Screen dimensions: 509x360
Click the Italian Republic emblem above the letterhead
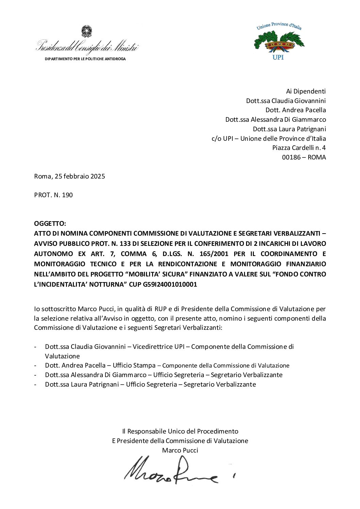click(x=86, y=32)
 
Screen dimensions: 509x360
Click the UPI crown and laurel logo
click(x=279, y=42)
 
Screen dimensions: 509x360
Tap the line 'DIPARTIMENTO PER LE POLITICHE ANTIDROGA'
click(x=85, y=59)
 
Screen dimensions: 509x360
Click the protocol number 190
click(x=67, y=195)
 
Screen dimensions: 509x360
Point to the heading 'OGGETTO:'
click(x=50, y=223)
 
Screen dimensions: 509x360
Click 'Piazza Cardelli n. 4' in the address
click(x=299, y=148)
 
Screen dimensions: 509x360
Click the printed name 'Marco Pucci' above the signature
click(x=180, y=450)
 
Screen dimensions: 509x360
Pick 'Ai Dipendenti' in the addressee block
click(x=306, y=91)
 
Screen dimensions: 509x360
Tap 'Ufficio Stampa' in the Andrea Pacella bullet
click(x=134, y=365)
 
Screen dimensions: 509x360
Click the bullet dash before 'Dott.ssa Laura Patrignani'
click(x=35, y=385)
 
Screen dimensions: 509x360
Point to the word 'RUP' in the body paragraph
click(x=160, y=309)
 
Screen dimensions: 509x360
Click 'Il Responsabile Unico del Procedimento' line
click(x=180, y=431)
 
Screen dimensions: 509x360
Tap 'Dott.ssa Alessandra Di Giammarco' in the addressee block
click(x=275, y=119)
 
